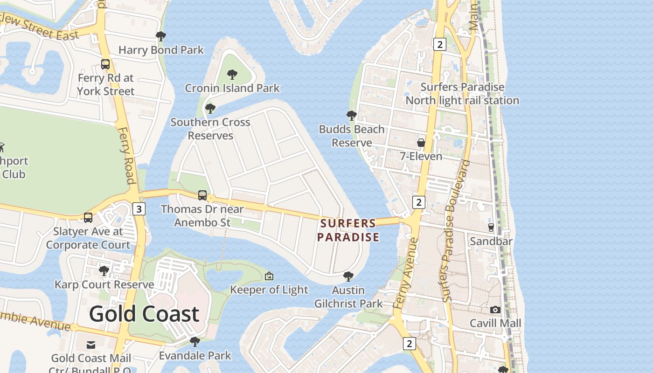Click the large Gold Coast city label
[x=144, y=314]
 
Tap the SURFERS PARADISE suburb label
[x=348, y=230]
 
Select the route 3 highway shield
[x=139, y=208]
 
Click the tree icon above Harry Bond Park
[x=161, y=36]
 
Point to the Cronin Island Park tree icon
[x=232, y=75]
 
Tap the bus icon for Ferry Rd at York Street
[x=105, y=64]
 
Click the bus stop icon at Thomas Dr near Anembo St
[x=202, y=195]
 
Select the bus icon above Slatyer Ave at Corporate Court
[x=88, y=217]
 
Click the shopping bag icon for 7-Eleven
[x=421, y=143]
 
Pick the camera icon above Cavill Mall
[x=495, y=310]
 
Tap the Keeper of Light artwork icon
[x=269, y=276]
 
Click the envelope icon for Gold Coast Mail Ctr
[x=91, y=345]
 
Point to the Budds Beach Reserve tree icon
[x=352, y=115]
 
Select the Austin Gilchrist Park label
[x=348, y=297]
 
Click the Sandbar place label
[x=491, y=241]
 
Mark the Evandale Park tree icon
[x=195, y=342]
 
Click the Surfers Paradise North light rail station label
[x=462, y=94]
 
